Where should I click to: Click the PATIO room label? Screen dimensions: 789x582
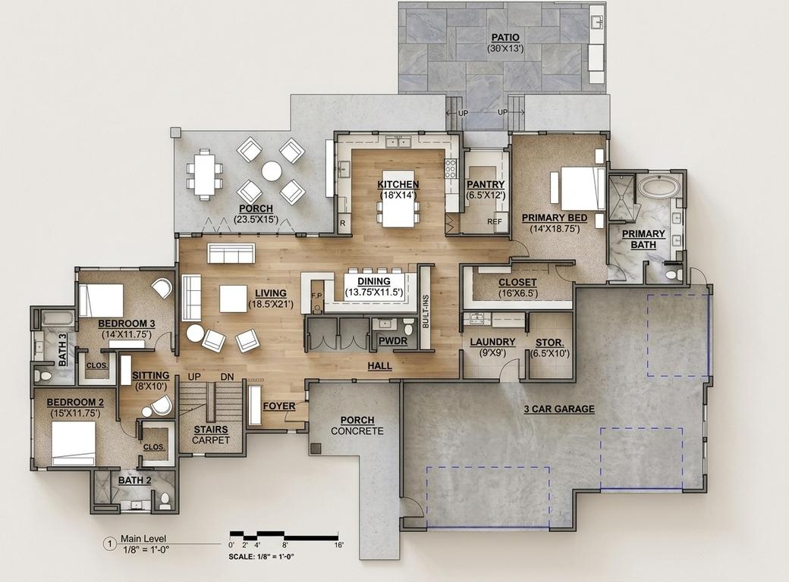pyautogui.click(x=505, y=38)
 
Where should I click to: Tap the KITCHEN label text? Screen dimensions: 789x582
pyautogui.click(x=398, y=184)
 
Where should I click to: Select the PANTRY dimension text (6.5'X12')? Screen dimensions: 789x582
pyautogui.click(x=486, y=195)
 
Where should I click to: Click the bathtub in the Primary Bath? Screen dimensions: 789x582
pyautogui.click(x=659, y=189)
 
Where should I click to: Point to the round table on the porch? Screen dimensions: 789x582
pyautogui.click(x=272, y=171)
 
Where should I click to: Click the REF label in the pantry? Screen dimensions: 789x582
pyautogui.click(x=495, y=221)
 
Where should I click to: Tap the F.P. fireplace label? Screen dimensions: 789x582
pyautogui.click(x=316, y=296)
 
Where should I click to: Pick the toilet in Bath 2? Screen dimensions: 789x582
pyautogui.click(x=164, y=501)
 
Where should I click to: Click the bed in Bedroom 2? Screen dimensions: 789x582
pyautogui.click(x=74, y=443)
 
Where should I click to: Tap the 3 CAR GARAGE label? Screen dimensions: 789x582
pyautogui.click(x=559, y=409)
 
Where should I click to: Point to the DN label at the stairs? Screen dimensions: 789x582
pyautogui.click(x=227, y=377)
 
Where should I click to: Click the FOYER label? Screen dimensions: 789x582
pyautogui.click(x=279, y=406)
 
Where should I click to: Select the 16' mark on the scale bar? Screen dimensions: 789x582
pyautogui.click(x=339, y=545)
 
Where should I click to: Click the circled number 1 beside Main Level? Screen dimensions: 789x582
pyautogui.click(x=109, y=543)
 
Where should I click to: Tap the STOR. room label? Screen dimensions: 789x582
pyautogui.click(x=549, y=343)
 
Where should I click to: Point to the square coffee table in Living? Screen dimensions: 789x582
pyautogui.click(x=233, y=299)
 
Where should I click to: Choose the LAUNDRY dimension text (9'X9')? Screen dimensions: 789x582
pyautogui.click(x=492, y=353)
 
